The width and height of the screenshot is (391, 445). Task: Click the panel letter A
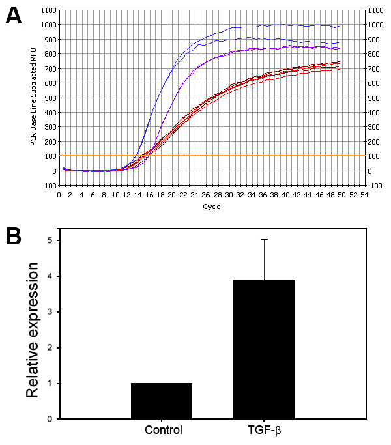(14, 15)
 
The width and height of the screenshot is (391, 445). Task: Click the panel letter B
(14, 235)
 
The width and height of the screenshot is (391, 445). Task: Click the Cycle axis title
(211, 207)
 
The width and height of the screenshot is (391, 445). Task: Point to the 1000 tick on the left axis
(48, 25)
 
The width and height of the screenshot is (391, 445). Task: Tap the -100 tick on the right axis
(376, 186)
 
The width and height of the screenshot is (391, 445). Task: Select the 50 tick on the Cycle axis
(340, 194)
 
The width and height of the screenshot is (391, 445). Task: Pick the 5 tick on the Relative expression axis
(51, 241)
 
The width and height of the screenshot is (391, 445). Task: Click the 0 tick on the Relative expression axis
(51, 419)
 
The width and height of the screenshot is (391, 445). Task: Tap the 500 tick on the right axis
(376, 98)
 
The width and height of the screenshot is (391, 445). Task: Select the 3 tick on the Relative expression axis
(51, 312)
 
